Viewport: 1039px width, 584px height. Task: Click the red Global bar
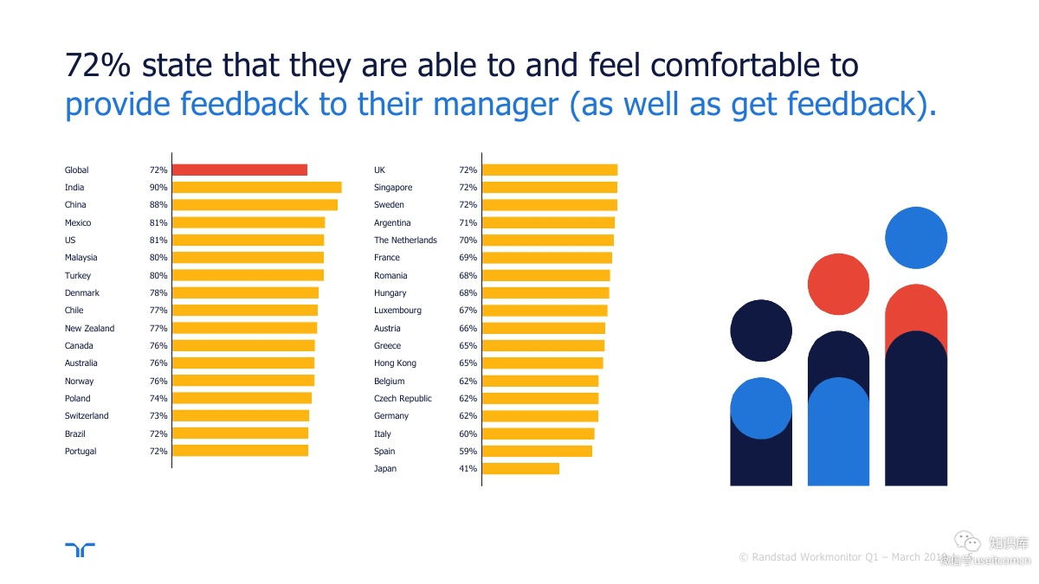pos(239,170)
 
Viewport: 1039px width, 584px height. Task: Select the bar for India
pos(256,188)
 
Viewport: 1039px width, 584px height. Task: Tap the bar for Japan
pos(520,469)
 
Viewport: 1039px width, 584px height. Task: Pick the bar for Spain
pos(537,451)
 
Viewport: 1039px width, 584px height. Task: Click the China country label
pos(75,205)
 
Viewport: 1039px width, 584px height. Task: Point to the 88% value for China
pos(158,205)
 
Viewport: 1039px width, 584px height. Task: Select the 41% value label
pos(468,469)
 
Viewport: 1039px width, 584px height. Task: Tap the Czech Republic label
pos(403,399)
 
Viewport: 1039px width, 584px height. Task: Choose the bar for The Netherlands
pos(547,241)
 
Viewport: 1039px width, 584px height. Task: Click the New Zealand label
pos(89,329)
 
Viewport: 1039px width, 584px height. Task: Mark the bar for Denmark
pos(245,293)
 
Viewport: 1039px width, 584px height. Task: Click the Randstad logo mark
pos(80,550)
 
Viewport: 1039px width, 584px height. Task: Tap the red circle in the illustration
pos(838,285)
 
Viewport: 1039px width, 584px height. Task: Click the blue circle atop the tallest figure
pos(916,238)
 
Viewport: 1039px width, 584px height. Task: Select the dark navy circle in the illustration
pos(761,331)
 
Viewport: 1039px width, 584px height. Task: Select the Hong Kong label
pos(395,363)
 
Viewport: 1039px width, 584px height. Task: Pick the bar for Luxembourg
pos(544,311)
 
